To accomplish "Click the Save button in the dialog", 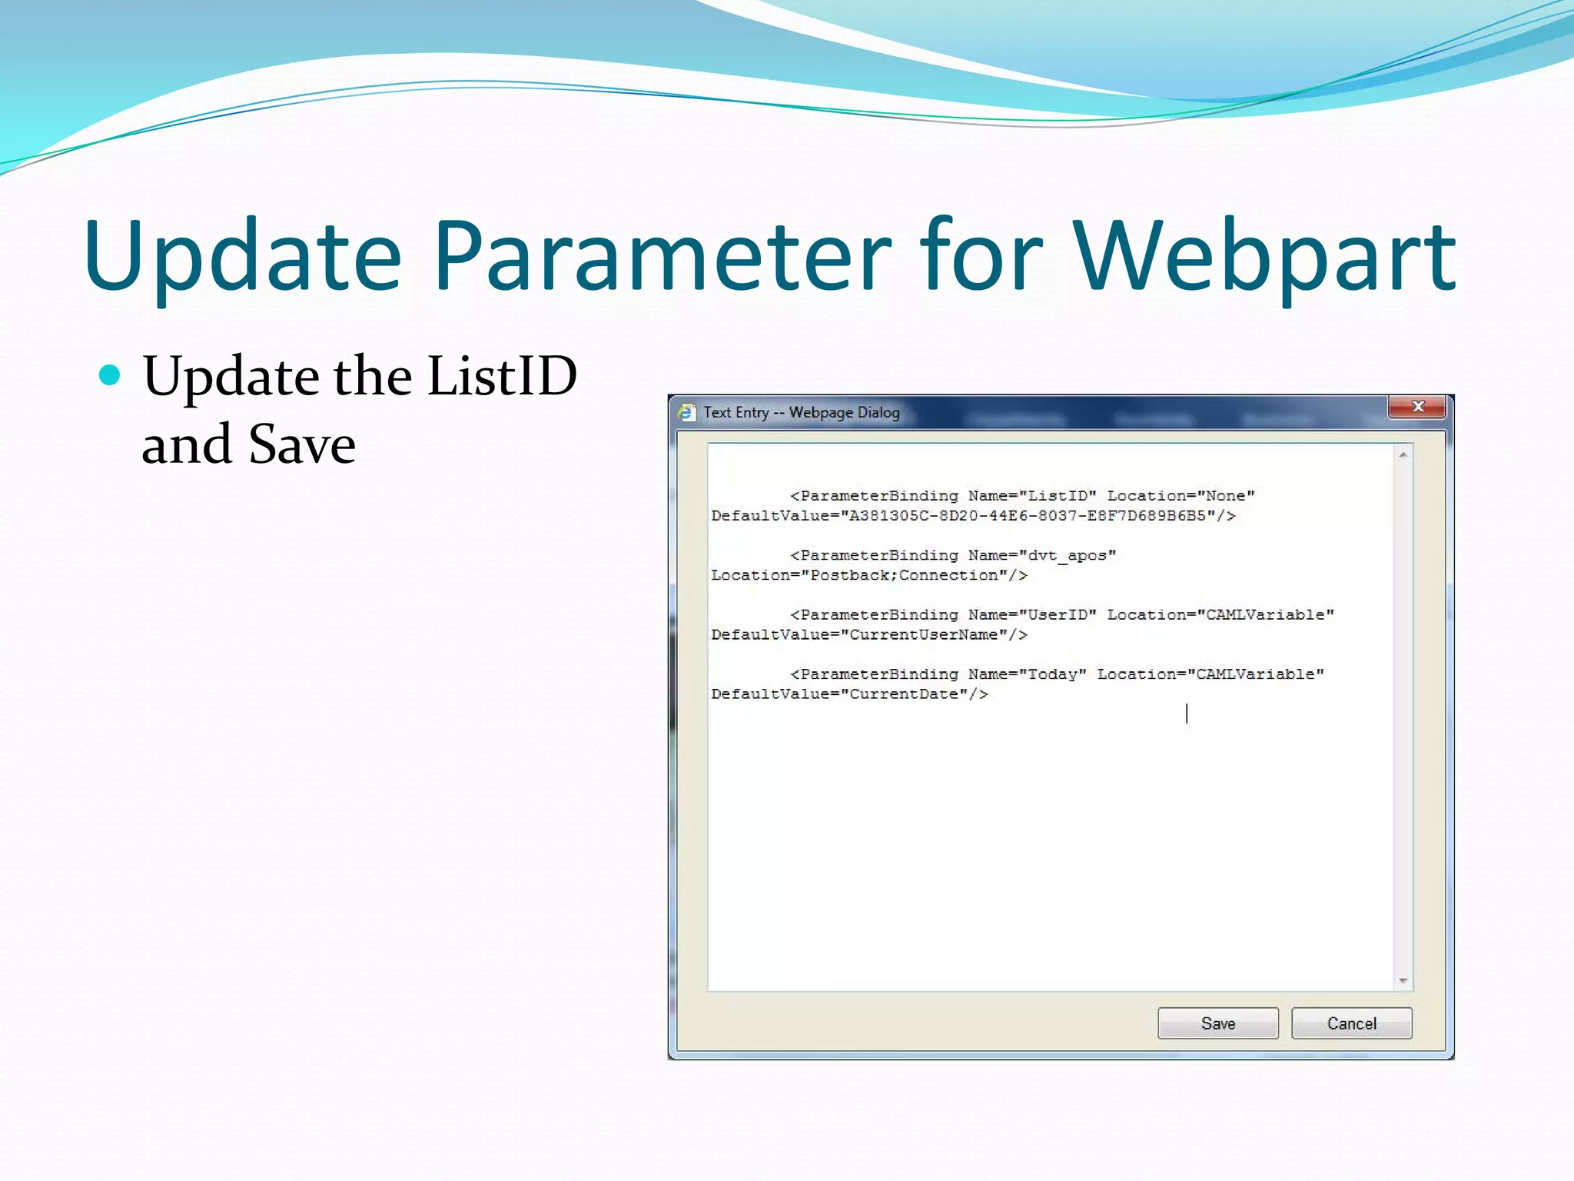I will (1217, 1023).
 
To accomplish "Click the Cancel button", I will (1351, 1023).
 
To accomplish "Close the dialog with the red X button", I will (1418, 407).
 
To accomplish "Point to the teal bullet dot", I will (111, 375).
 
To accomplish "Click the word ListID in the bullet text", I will (501, 376).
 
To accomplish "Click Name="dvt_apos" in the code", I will (1041, 555).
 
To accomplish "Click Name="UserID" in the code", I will (1031, 615).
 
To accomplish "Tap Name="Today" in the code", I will (1027, 674).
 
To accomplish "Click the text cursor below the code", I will (1187, 714).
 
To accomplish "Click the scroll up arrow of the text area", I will (1403, 455).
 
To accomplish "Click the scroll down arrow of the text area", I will (1403, 980).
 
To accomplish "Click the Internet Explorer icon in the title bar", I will (686, 413).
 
